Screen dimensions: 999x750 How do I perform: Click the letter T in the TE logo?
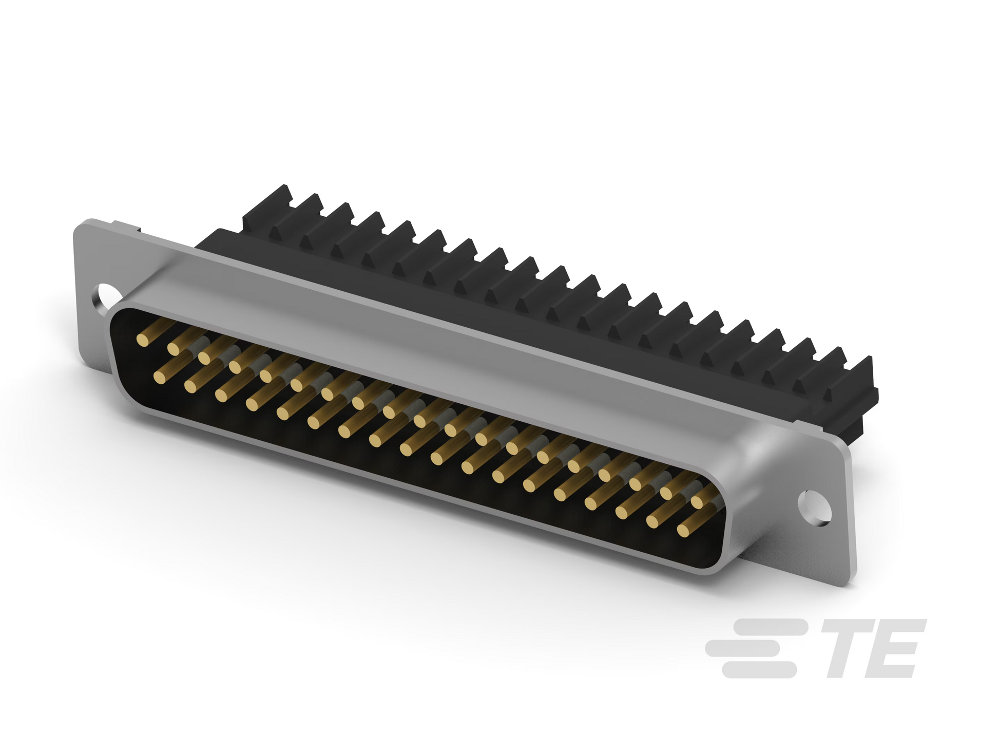tap(852, 648)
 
